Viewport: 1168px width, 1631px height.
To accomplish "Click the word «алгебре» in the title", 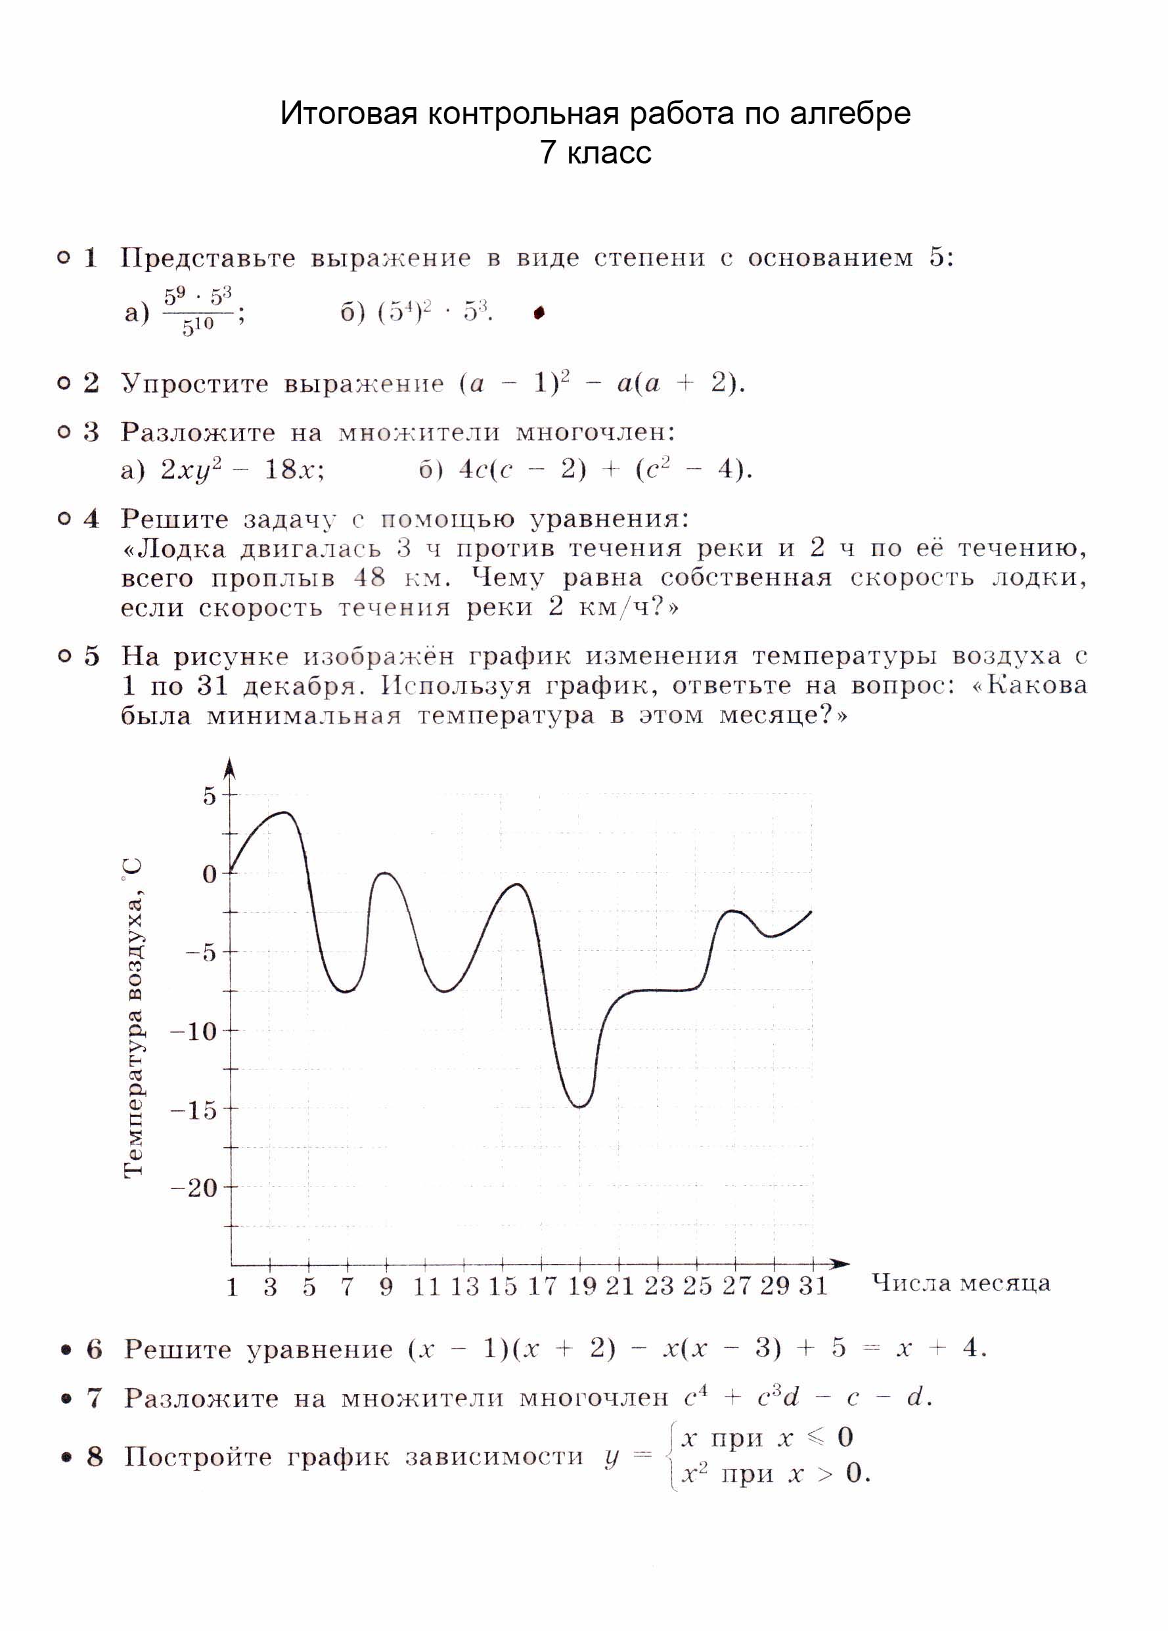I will coord(850,114).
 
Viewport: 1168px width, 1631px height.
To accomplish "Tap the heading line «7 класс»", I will coord(596,152).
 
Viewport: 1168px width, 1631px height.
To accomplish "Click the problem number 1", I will coord(91,257).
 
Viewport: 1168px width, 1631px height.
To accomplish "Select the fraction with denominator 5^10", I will coord(197,311).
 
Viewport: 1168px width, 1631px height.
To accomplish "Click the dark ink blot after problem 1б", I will coord(539,313).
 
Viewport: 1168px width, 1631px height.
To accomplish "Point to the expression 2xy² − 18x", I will coord(242,469).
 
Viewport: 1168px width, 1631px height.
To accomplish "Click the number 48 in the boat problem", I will coord(369,577).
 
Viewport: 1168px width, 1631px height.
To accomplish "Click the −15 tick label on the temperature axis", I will coord(192,1110).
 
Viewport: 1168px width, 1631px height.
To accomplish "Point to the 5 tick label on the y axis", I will coord(210,796).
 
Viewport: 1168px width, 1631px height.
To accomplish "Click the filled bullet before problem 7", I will coord(67,1398).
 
